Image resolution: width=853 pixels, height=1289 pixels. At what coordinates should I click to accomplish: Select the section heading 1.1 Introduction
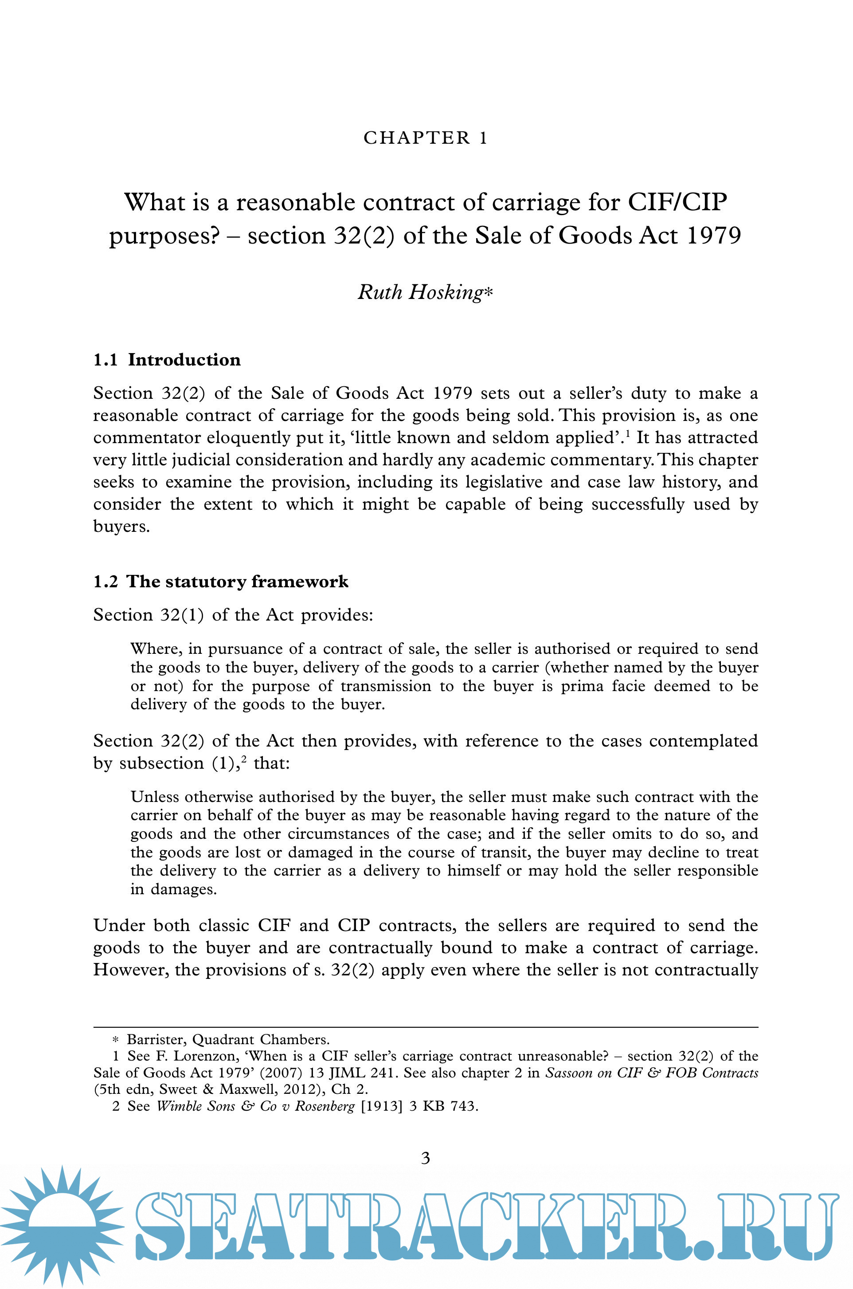pos(167,360)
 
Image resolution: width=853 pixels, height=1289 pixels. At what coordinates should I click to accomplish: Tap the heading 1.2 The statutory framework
pos(221,581)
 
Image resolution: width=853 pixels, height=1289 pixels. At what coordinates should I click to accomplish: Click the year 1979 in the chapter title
pos(714,236)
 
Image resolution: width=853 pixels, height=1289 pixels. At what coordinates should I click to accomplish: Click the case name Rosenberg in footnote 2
pos(325,1106)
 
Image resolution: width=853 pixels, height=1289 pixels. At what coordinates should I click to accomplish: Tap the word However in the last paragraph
pos(130,970)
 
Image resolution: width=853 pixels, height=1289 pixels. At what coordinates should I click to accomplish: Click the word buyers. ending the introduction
pos(121,527)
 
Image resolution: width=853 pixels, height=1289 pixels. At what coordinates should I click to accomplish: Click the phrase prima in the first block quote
pos(582,686)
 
